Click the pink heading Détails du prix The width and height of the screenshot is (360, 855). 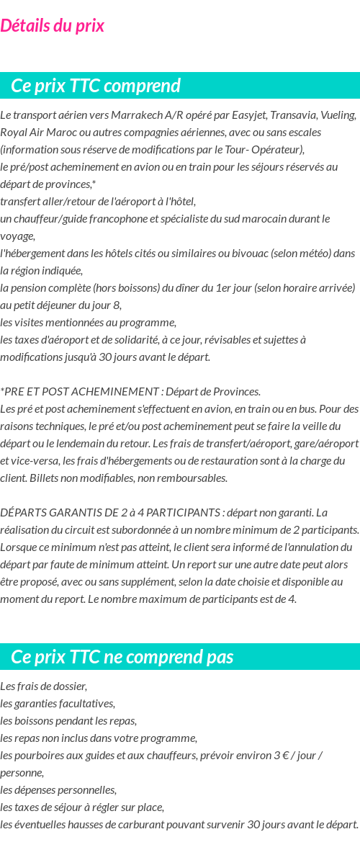tap(52, 26)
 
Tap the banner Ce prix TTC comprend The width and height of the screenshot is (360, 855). tap(96, 86)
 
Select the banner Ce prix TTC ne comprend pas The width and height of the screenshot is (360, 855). tap(122, 657)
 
